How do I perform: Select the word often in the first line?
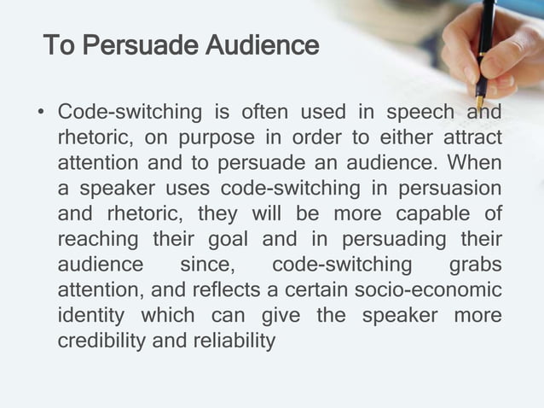[x=265, y=113]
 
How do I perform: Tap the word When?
[x=477, y=162]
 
